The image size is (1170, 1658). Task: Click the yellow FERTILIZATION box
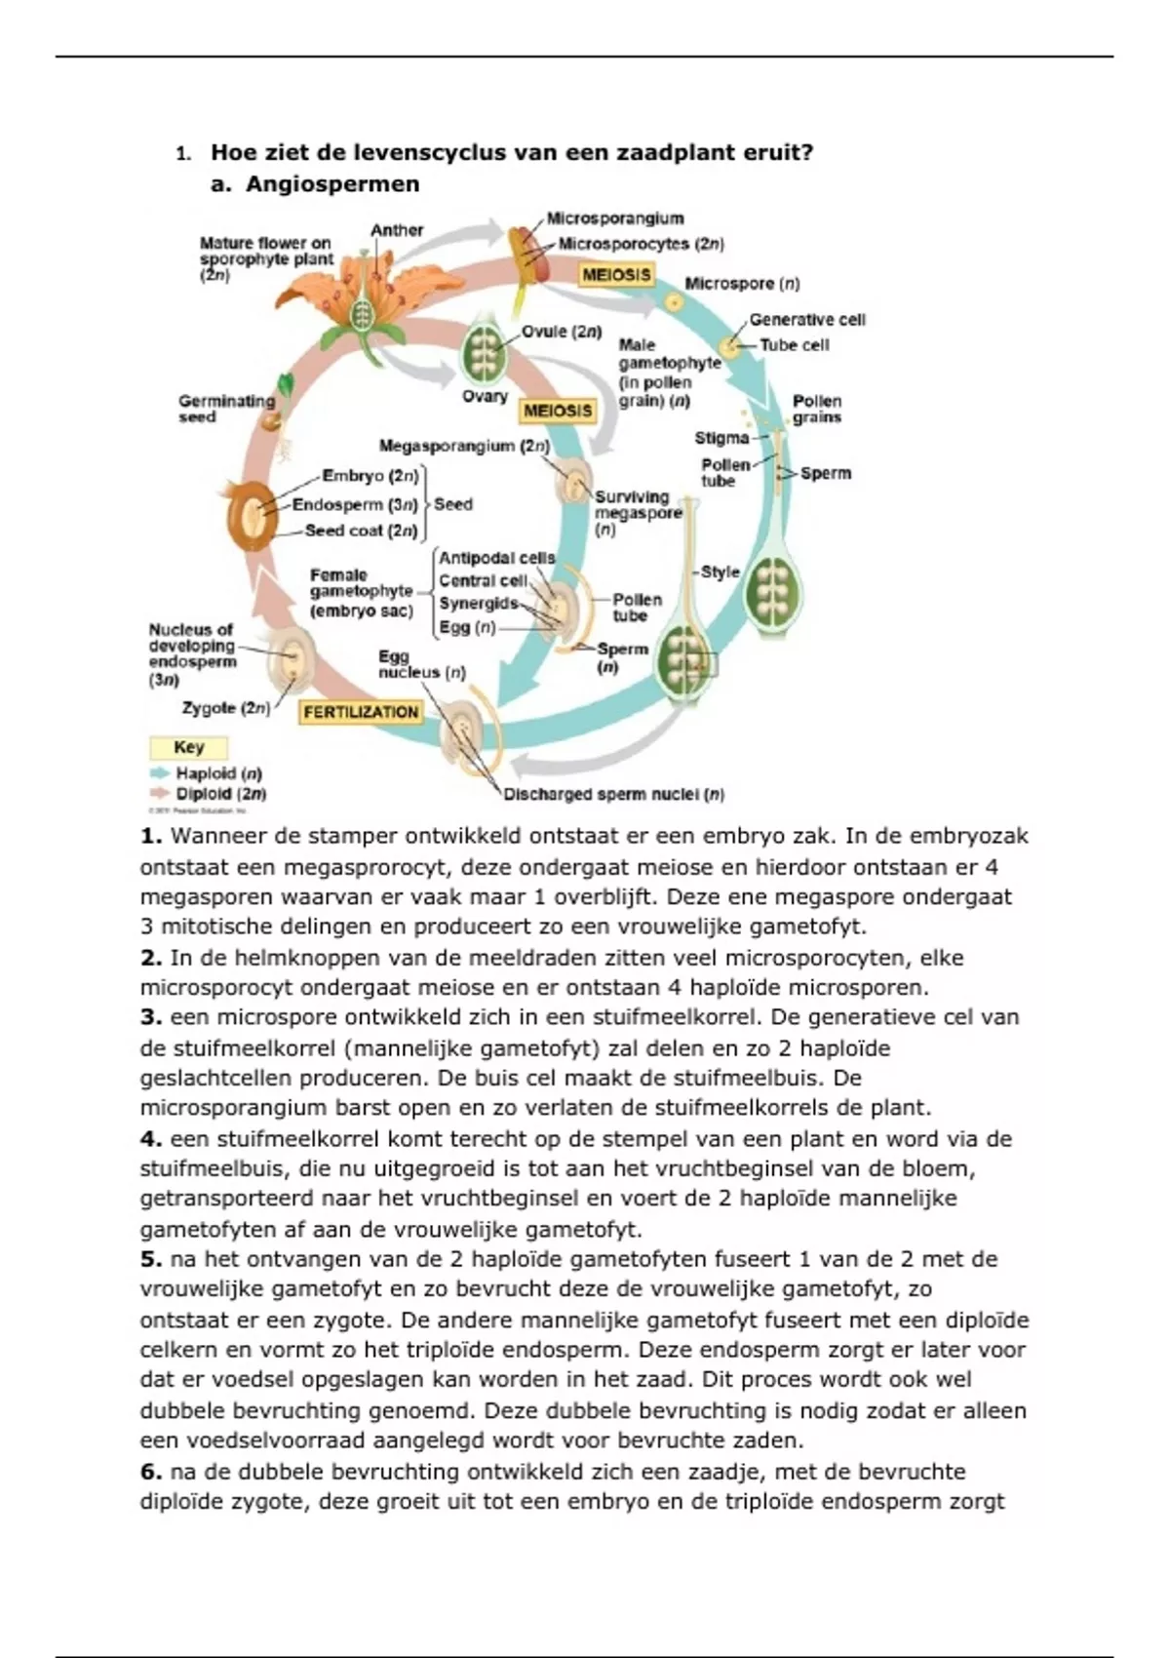pyautogui.click(x=361, y=712)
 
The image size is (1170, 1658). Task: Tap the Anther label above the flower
pyautogui.click(x=397, y=230)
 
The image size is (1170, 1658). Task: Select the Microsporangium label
pyautogui.click(x=614, y=218)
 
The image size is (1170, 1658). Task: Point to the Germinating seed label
pyautogui.click(x=226, y=409)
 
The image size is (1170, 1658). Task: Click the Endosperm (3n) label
pyautogui.click(x=355, y=505)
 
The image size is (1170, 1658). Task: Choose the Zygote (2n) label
pyautogui.click(x=225, y=708)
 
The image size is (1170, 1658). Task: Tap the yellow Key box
pyautogui.click(x=188, y=748)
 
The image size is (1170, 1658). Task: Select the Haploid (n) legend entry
pyautogui.click(x=218, y=773)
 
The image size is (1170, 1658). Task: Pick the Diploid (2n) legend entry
pyautogui.click(x=220, y=794)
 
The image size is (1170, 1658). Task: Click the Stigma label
pyautogui.click(x=721, y=438)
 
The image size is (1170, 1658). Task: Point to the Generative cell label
pyautogui.click(x=807, y=320)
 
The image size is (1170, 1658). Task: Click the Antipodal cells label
pyautogui.click(x=496, y=558)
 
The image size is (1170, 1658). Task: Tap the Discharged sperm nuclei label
pyautogui.click(x=613, y=795)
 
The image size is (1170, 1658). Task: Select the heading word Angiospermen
pyautogui.click(x=332, y=184)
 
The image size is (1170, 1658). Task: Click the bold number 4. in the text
pyautogui.click(x=150, y=1139)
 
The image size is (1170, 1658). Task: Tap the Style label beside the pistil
pyautogui.click(x=721, y=572)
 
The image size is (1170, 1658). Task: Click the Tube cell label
pyautogui.click(x=795, y=345)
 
